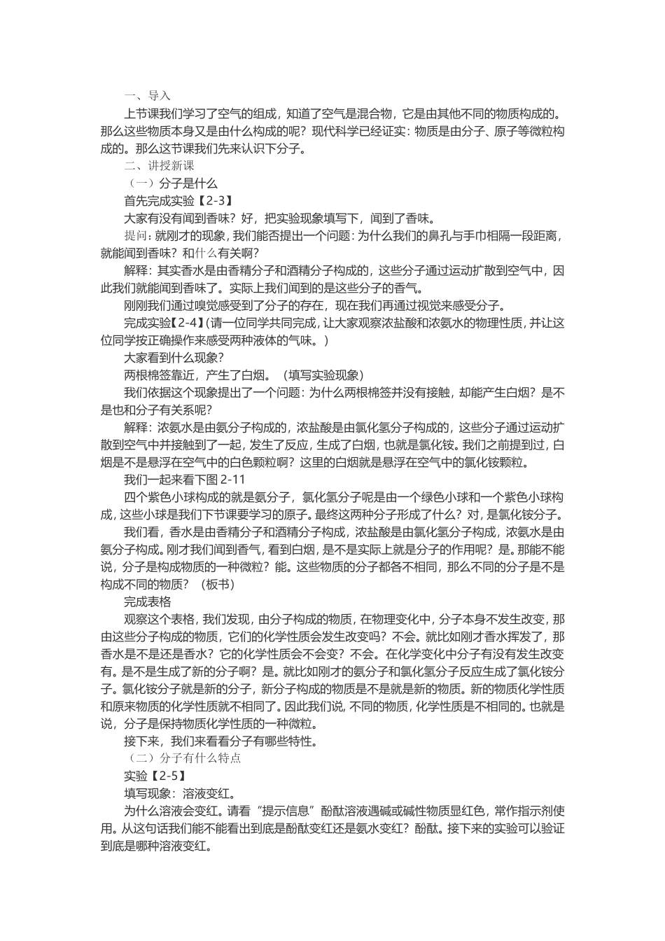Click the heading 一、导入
click(147, 96)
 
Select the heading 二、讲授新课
click(159, 166)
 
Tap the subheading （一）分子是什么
click(171, 183)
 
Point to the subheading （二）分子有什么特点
click(183, 758)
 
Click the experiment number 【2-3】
click(207, 201)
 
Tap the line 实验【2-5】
click(155, 776)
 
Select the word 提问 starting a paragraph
click(136, 235)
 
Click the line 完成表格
click(148, 601)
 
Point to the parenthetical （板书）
click(218, 584)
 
